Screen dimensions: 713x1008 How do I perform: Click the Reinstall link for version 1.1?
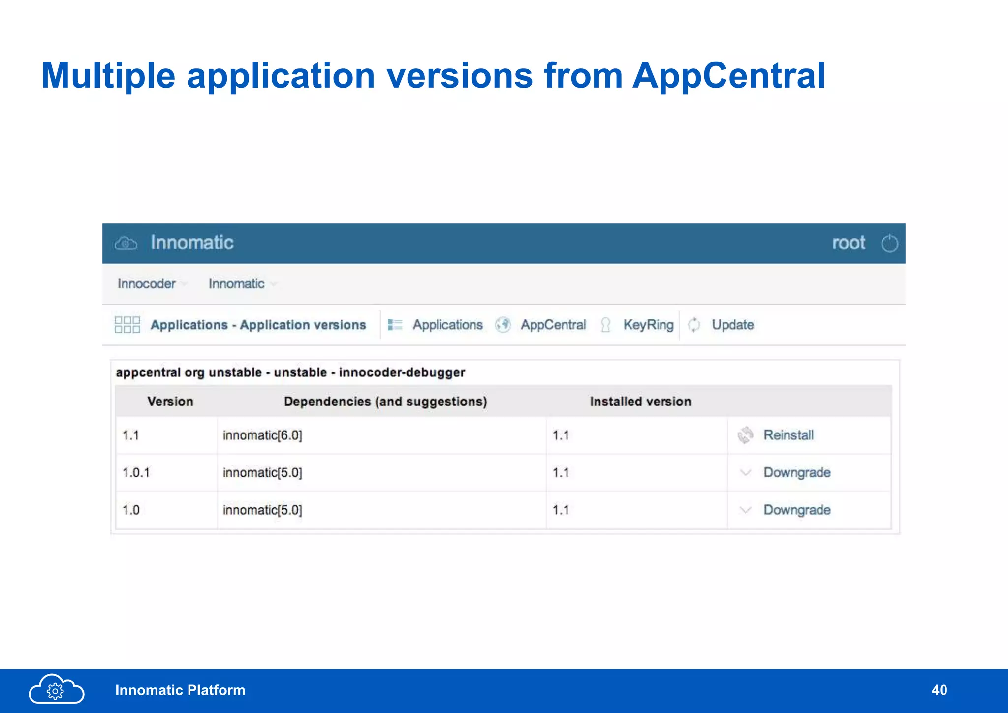[x=788, y=435]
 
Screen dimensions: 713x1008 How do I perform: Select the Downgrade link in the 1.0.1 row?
[x=796, y=472]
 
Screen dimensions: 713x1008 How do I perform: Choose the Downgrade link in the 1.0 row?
[x=796, y=510]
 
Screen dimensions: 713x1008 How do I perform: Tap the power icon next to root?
[x=889, y=243]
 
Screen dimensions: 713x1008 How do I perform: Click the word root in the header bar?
[x=849, y=243]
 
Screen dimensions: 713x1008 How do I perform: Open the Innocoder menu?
[x=147, y=284]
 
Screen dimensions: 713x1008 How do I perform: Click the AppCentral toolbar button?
[x=553, y=325]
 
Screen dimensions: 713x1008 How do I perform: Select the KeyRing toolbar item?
[x=648, y=325]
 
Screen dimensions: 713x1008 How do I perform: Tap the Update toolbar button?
[x=732, y=325]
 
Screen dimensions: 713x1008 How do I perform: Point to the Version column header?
[x=170, y=402]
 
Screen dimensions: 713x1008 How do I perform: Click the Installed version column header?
[x=640, y=402]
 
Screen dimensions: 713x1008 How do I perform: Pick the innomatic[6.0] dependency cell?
[x=262, y=435]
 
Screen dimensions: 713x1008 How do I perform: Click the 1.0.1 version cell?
[x=136, y=473]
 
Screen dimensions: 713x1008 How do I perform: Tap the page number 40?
[x=939, y=690]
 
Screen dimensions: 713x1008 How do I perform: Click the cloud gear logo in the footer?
[x=56, y=689]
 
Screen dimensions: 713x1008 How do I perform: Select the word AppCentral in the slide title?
[x=729, y=76]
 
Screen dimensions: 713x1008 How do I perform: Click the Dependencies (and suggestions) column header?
[x=385, y=402]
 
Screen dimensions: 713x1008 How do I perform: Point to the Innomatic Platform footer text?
[x=180, y=690]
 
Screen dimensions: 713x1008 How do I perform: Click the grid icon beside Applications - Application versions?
[x=127, y=325]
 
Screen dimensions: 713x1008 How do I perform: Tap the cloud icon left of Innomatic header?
[x=126, y=243]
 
